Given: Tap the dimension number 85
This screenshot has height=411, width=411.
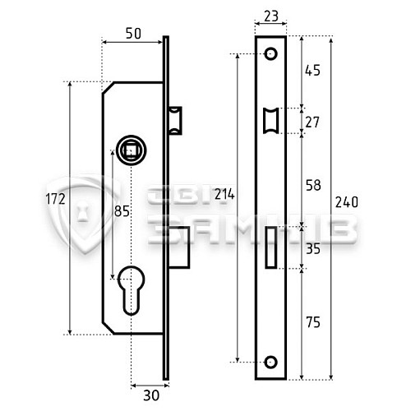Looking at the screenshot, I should tap(122, 211).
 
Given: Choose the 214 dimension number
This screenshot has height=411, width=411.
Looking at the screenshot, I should tap(224, 195).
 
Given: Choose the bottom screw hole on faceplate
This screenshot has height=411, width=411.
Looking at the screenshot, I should tap(270, 360).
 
